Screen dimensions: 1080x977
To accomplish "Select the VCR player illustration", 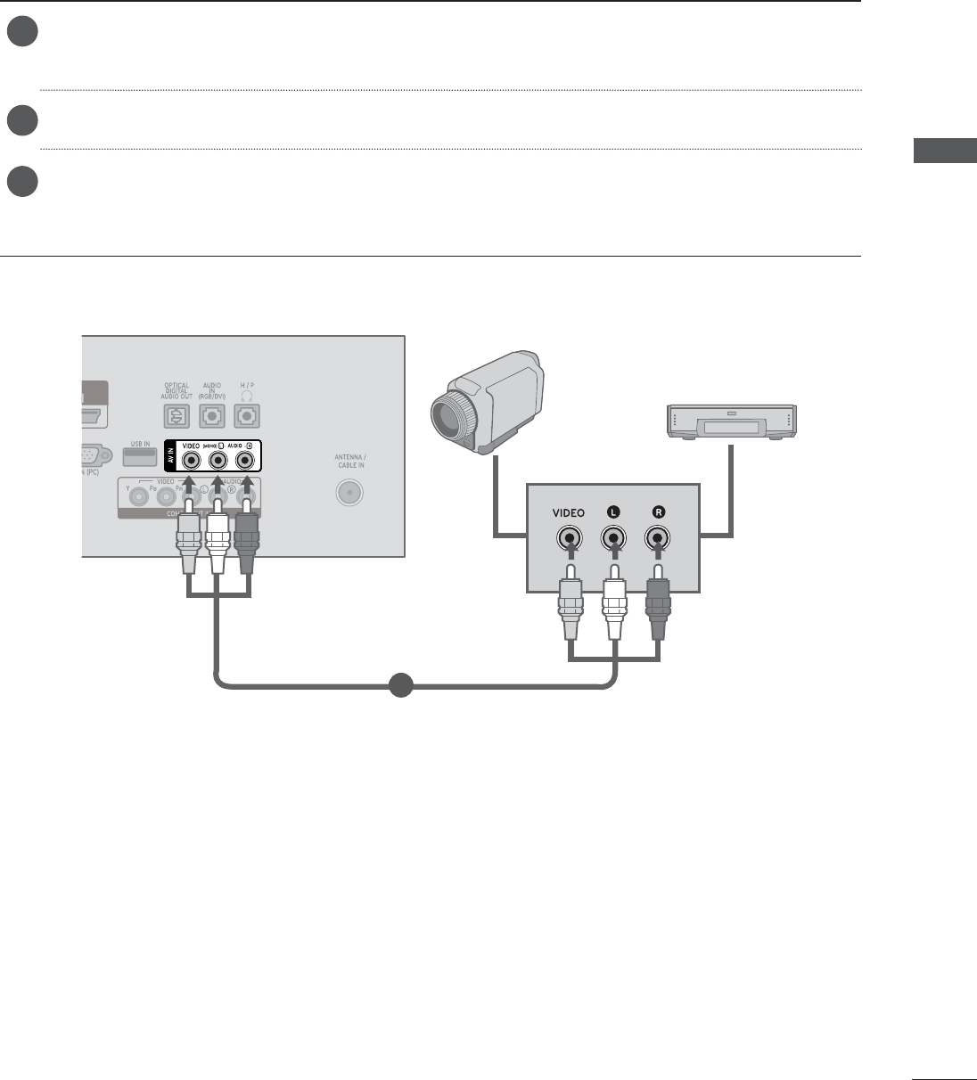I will click(731, 421).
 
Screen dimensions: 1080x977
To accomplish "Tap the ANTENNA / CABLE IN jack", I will click(349, 493).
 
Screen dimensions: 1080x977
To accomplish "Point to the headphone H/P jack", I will click(245, 416).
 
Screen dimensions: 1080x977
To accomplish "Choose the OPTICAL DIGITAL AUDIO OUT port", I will click(177, 416).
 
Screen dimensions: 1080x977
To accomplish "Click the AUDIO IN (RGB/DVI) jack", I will click(211, 416).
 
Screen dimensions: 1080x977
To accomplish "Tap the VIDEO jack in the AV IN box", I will click(190, 461).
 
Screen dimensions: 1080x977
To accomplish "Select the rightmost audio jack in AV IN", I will click(245, 461).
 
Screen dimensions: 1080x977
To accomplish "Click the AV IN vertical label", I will click(173, 456).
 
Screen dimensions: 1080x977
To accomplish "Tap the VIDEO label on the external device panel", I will click(568, 513).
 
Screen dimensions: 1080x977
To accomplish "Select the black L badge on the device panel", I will click(612, 512).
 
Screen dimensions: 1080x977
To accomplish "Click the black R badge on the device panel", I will click(659, 512).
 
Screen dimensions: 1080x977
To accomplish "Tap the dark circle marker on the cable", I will click(400, 685).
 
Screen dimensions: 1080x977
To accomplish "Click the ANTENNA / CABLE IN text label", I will click(349, 461).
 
